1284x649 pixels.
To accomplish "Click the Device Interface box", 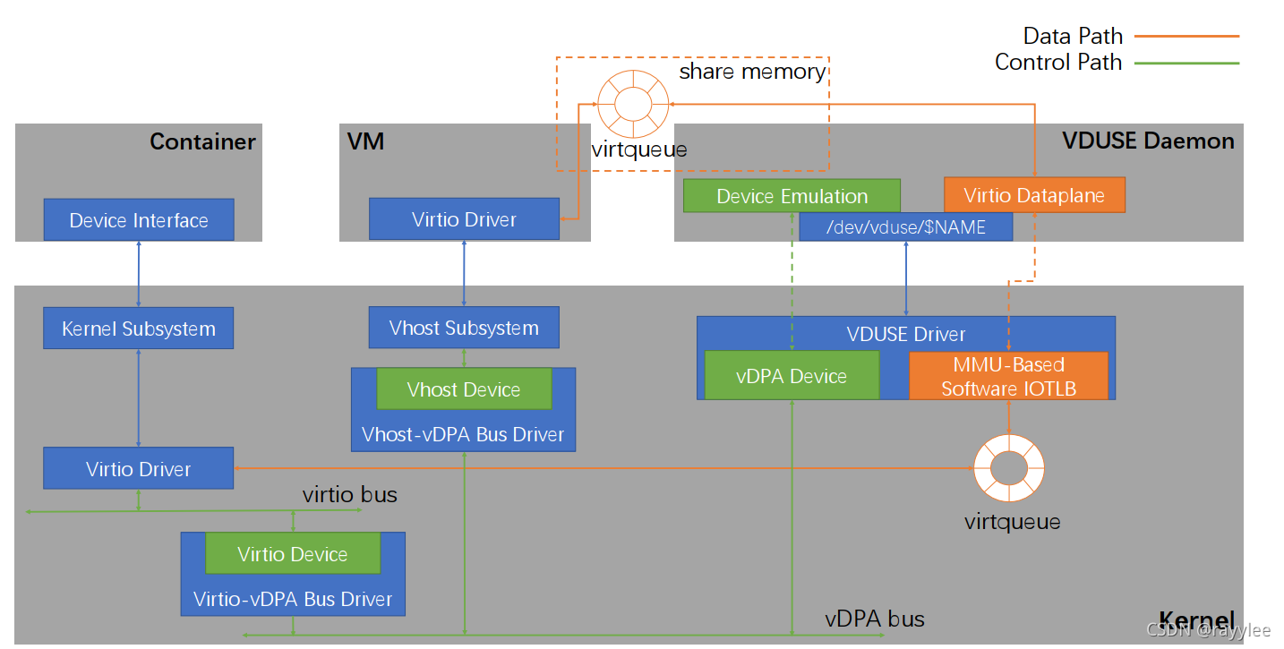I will [x=139, y=220].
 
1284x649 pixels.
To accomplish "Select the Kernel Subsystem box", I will [x=139, y=329].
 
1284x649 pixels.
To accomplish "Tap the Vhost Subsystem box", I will [x=464, y=328].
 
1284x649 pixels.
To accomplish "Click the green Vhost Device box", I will [x=464, y=389].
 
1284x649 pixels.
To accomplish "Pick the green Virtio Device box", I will [x=293, y=554].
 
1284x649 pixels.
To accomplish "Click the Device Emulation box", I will [x=792, y=196].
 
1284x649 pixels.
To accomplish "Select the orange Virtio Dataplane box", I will [x=1034, y=196].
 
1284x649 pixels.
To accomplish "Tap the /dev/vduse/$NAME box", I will [x=905, y=227].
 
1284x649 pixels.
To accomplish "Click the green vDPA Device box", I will [x=792, y=376].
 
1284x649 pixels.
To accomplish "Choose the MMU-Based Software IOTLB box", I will [x=1008, y=376].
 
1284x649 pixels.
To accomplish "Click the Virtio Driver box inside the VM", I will [x=464, y=219].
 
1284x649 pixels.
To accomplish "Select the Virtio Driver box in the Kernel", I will [x=139, y=469].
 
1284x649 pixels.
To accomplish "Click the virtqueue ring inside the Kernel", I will [x=1009, y=467].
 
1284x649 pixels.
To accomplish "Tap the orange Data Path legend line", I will [x=1186, y=37].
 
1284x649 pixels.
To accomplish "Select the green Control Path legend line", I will [x=1186, y=63].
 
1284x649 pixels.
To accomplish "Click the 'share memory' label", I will [x=752, y=72].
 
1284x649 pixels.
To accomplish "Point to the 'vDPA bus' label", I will [x=875, y=619].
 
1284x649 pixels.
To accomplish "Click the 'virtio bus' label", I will [x=349, y=494].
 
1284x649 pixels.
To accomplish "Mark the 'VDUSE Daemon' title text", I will [x=1148, y=141].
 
